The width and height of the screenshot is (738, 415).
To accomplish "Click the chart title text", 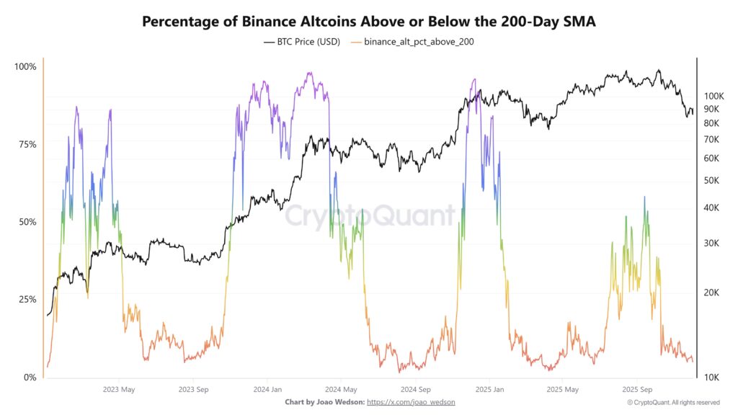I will pyautogui.click(x=368, y=21).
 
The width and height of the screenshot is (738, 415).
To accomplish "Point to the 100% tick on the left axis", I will pyautogui.click(x=25, y=67).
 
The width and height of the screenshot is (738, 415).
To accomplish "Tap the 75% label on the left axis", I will pyautogui.click(x=27, y=144).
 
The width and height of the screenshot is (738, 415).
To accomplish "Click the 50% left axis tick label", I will pyautogui.click(x=27, y=222).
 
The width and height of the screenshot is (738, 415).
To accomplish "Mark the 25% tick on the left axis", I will pyautogui.click(x=27, y=299).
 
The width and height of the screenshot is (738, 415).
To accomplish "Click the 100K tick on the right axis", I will pyautogui.click(x=713, y=96).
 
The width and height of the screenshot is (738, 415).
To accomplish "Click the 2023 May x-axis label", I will pyautogui.click(x=120, y=389).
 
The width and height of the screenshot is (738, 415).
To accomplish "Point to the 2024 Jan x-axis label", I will pyautogui.click(x=267, y=389).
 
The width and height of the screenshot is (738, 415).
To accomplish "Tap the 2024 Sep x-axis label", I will pyautogui.click(x=414, y=389).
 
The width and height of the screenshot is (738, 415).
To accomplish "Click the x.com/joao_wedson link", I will pyautogui.click(x=411, y=401).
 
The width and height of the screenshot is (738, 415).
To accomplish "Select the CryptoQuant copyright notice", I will pyautogui.click(x=673, y=402).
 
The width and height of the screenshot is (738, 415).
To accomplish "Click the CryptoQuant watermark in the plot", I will pyautogui.click(x=368, y=215).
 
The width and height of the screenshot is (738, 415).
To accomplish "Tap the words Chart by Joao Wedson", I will pyautogui.click(x=324, y=401).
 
